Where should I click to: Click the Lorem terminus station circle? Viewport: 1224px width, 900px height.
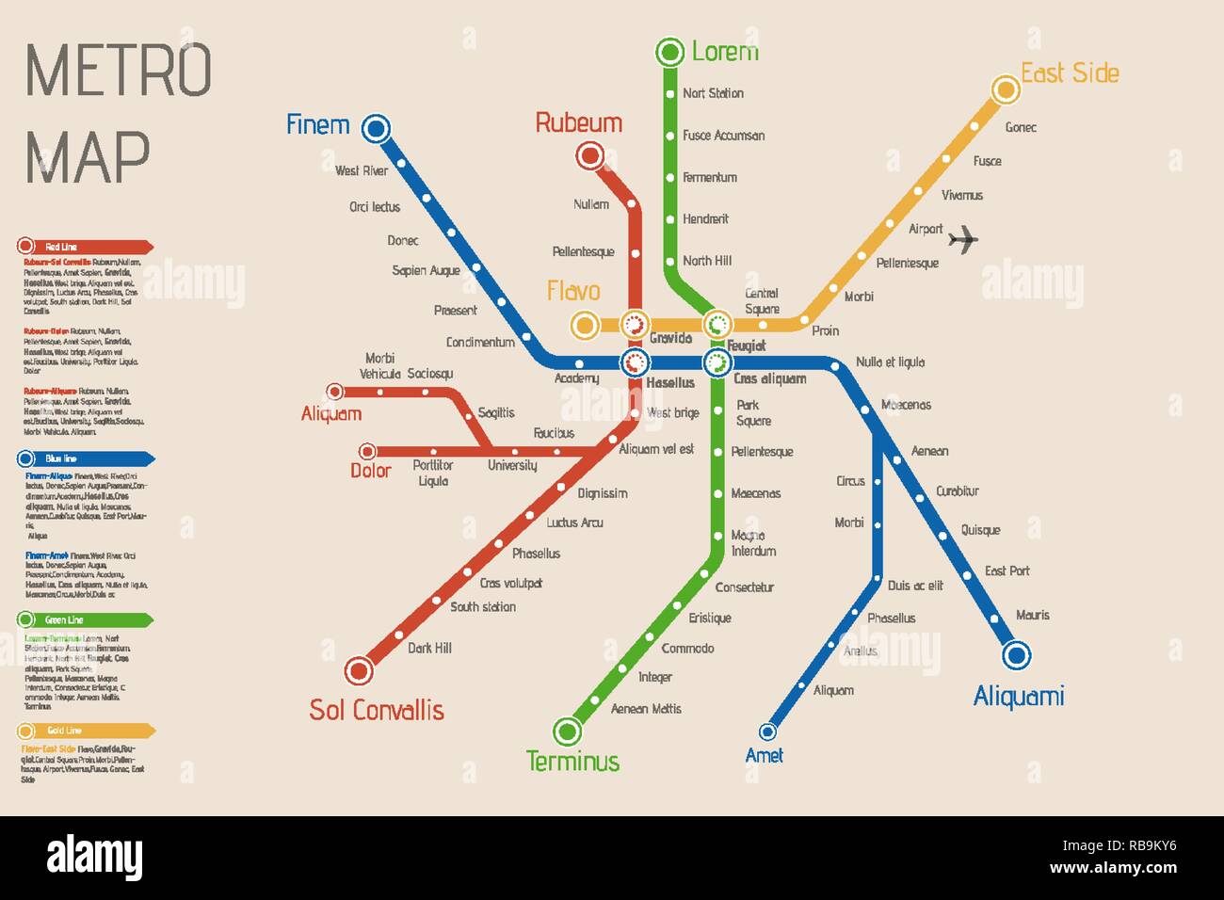[669, 51]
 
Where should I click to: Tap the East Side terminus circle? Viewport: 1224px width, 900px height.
[1006, 89]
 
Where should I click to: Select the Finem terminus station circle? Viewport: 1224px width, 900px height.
[376, 128]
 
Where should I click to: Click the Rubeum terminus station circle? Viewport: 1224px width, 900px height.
[590, 155]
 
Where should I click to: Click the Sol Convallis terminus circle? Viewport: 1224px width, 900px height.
[358, 671]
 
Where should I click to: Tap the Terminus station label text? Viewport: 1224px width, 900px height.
[572, 761]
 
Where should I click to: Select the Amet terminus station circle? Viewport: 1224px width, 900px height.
[767, 731]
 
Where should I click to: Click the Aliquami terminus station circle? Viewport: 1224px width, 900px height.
[1016, 654]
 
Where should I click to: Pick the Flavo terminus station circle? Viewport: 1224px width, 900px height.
[585, 326]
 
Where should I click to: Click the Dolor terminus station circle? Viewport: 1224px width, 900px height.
[367, 452]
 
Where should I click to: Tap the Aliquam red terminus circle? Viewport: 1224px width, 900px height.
[334, 392]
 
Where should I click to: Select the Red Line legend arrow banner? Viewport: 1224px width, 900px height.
[85, 247]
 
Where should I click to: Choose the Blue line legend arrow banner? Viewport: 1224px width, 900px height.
[85, 459]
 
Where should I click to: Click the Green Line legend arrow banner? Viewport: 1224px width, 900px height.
[85, 620]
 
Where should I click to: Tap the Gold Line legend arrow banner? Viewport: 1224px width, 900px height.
[85, 731]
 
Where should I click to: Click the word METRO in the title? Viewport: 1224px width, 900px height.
[119, 70]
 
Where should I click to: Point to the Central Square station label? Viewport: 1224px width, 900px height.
[762, 301]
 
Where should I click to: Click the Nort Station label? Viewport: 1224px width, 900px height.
[713, 93]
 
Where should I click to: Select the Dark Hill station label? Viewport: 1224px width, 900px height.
[429, 648]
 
